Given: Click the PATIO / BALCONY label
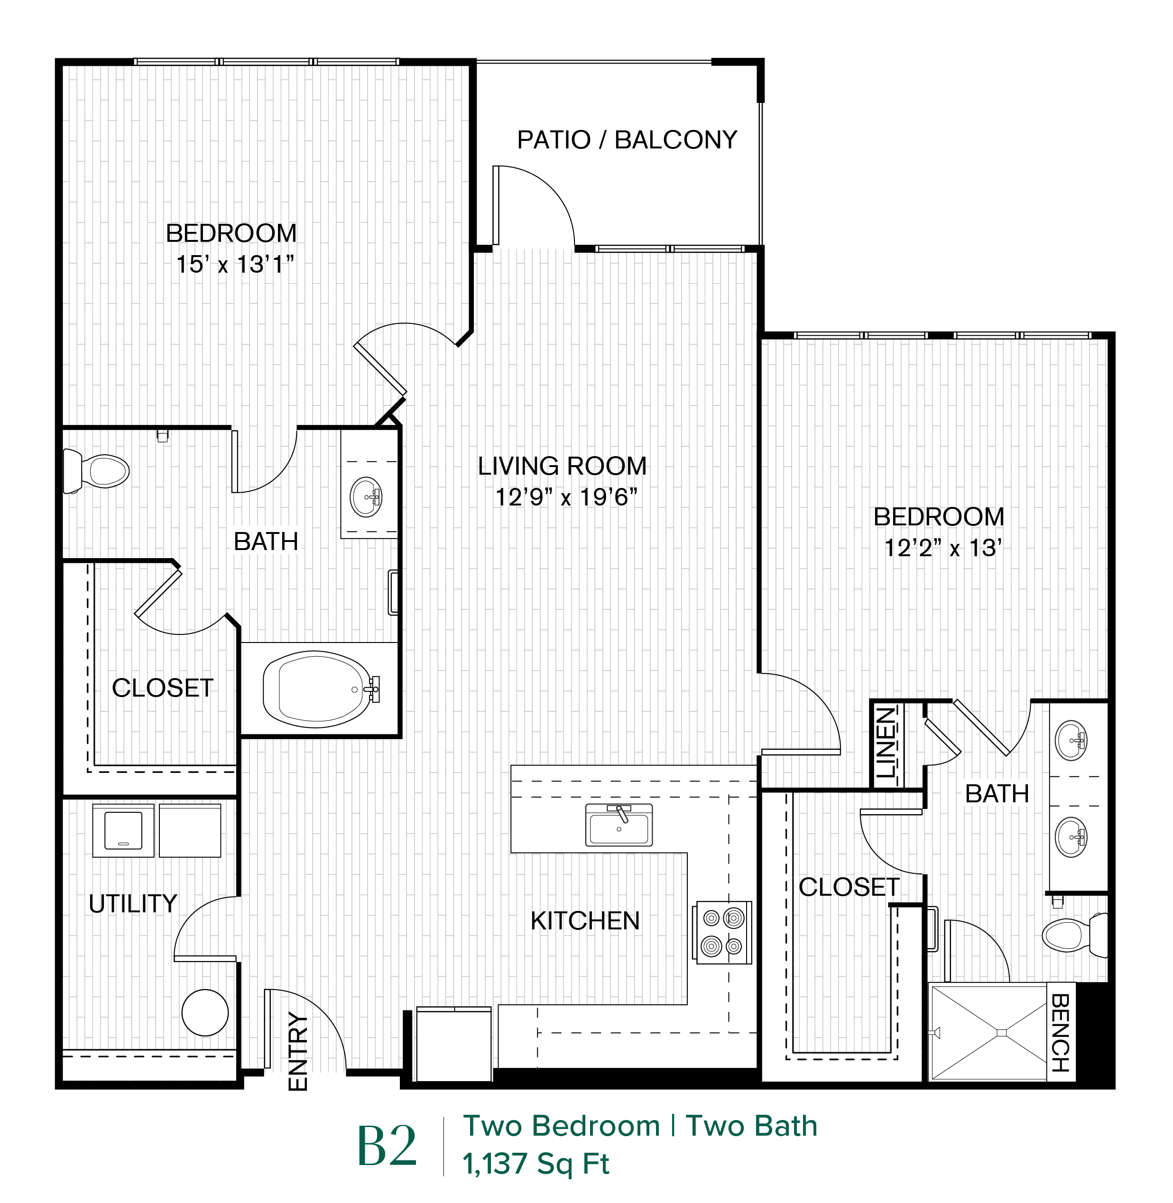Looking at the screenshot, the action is [627, 140].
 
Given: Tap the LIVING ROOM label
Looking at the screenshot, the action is [563, 466].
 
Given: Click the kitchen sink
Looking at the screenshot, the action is [619, 825].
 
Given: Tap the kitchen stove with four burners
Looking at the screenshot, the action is [723, 932].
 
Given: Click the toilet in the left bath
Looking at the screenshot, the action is [97, 471].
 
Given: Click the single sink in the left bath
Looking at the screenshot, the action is [367, 497].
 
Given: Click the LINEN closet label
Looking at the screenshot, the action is [886, 743].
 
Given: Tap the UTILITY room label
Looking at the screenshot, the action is [133, 904].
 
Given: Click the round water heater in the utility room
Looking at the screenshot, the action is [205, 1012].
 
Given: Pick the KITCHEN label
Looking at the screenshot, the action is [585, 921].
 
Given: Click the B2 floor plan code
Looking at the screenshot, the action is [388, 1146].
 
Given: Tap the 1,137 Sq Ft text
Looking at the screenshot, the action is [536, 1164].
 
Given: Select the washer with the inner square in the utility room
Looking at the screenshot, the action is [123, 830].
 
